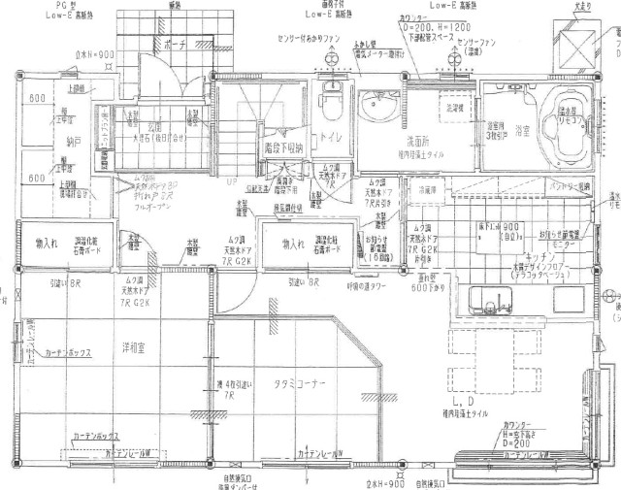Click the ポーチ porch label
176,44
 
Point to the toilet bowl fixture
327,98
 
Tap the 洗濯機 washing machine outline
452,109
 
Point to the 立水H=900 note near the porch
94,53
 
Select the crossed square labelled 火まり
581,45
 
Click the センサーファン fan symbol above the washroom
452,56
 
